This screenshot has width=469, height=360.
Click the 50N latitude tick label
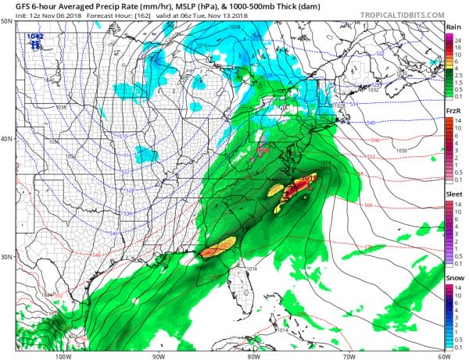7,21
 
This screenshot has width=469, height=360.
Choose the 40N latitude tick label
7,139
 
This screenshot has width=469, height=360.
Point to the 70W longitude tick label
346,355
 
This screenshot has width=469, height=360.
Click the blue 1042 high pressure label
34,37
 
